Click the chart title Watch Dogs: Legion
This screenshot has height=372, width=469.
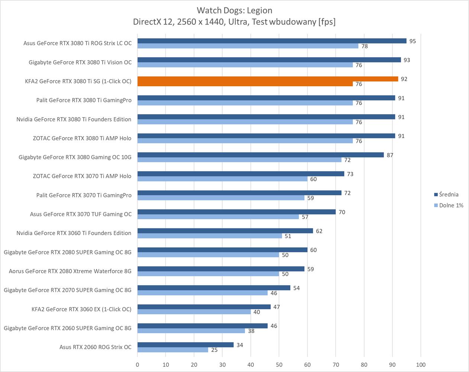[234, 10]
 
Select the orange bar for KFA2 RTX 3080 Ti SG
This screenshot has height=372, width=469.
[268, 79]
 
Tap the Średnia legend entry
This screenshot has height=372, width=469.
[449, 195]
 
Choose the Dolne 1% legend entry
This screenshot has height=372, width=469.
[451, 205]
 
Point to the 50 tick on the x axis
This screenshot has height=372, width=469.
[279, 365]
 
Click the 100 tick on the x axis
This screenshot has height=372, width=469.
[421, 365]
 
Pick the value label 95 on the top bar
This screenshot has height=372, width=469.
[413, 41]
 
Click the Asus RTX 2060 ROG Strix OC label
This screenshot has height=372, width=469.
[95, 347]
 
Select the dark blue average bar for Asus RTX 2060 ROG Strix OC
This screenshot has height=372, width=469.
[185, 345]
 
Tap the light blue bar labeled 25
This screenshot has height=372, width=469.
[173, 350]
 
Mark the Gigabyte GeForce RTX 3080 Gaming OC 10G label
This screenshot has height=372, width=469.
[75, 157]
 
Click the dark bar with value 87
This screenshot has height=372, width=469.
[261, 155]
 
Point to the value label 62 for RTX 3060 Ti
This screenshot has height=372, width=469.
[319, 231]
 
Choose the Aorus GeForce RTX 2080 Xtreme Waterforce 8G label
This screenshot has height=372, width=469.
[70, 271]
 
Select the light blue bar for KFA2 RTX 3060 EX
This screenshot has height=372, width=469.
[194, 312]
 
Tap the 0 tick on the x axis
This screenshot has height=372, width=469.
[138, 365]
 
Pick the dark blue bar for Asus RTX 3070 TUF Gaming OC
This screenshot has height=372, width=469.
[236, 212]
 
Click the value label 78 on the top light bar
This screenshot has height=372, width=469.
[365, 46]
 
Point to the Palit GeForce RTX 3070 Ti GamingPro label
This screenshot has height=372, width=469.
[84, 195]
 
